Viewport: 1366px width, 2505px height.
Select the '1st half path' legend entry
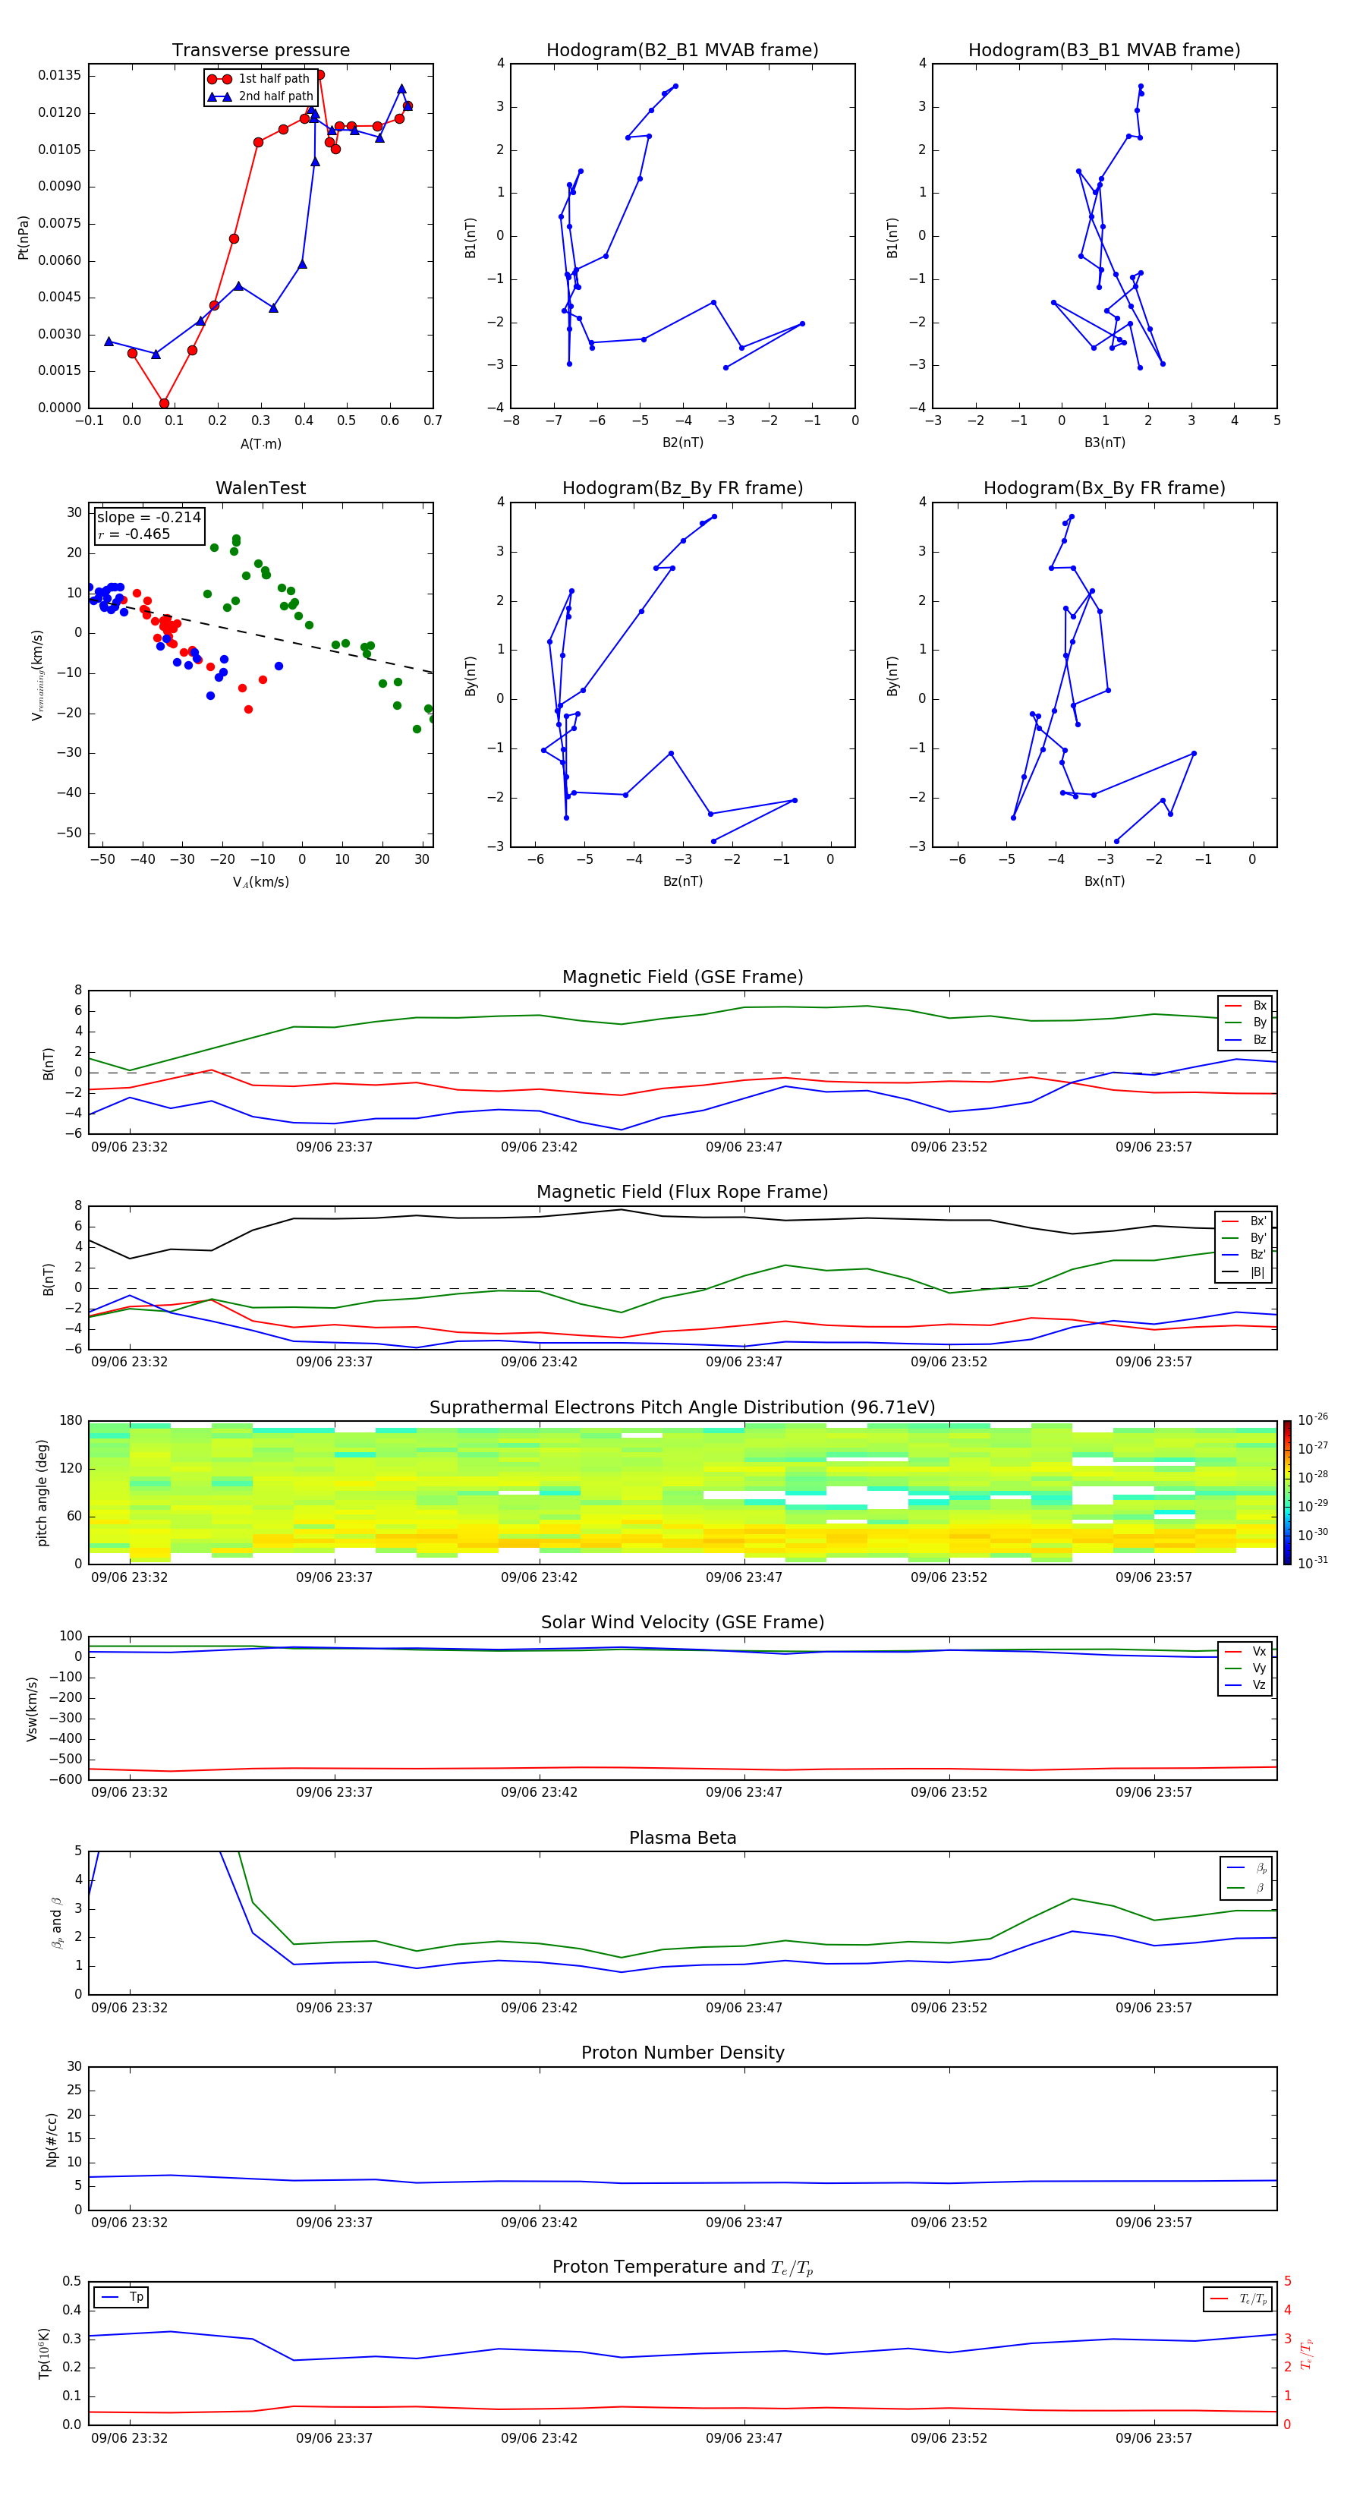click(273, 79)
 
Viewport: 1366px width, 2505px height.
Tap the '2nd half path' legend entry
click(275, 96)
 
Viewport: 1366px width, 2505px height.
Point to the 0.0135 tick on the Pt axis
click(59, 76)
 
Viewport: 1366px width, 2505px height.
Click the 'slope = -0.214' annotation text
click(149, 518)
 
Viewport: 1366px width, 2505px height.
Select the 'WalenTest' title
click(260, 488)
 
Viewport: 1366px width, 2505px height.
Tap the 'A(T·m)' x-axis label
click(260, 444)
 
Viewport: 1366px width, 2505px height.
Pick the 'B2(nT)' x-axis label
click(682, 443)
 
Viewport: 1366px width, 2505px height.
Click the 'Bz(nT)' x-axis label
click(682, 881)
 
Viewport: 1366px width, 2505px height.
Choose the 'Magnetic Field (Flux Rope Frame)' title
click(682, 1193)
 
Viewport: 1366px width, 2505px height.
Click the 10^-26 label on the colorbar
click(1313, 1419)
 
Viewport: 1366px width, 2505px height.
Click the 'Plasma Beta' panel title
click(682, 1838)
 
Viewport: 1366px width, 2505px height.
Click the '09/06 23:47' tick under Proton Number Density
click(744, 2222)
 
